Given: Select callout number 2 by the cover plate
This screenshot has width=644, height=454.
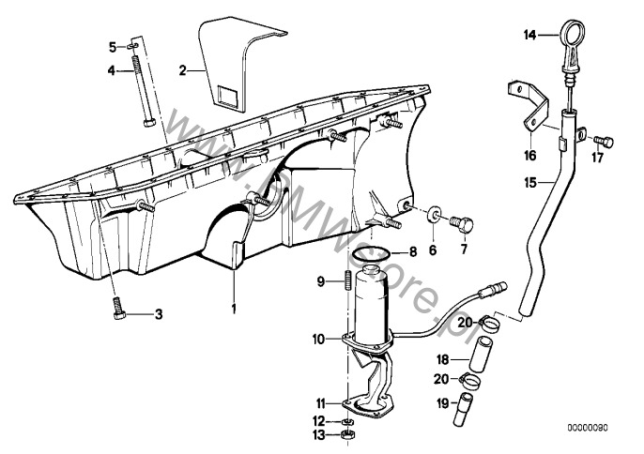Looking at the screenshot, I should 184,68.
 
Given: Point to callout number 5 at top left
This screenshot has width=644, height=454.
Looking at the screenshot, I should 112,46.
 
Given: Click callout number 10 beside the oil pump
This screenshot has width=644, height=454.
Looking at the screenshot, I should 318,338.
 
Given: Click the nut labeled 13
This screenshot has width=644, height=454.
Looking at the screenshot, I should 346,436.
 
